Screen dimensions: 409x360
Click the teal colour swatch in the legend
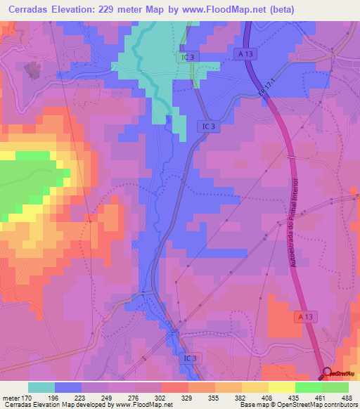41,387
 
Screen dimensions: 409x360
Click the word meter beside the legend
11,397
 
